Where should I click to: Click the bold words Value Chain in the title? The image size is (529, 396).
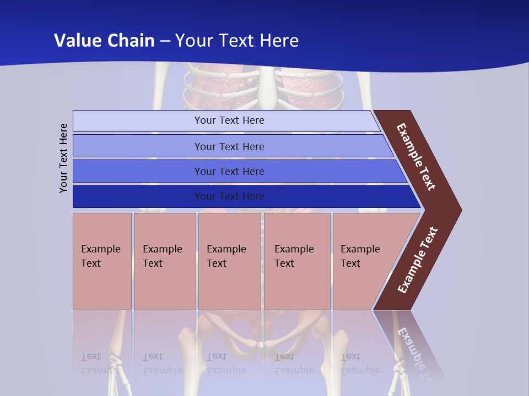tap(104, 40)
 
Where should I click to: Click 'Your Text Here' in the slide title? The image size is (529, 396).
tap(237, 40)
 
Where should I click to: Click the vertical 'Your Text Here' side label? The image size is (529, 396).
tap(63, 158)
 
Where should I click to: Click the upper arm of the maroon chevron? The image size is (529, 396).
tap(416, 157)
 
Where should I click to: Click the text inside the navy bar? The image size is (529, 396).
tap(229, 196)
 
